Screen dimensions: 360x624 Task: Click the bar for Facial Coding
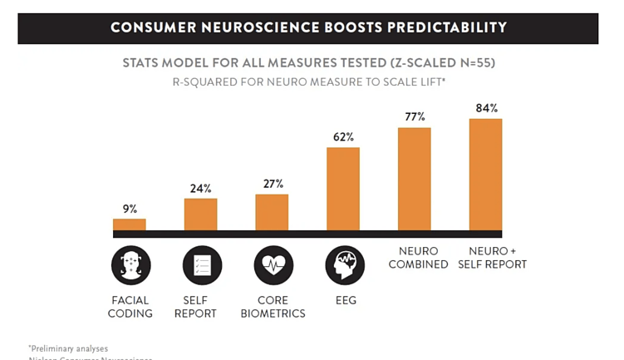tap(129, 224)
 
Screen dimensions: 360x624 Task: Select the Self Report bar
tap(200, 215)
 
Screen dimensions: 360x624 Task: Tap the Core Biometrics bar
tap(272, 212)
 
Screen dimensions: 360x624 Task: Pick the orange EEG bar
tap(343, 189)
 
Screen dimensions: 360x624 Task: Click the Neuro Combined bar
tap(414, 179)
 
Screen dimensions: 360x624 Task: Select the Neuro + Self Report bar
tap(485, 175)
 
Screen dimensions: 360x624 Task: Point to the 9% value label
tap(129, 209)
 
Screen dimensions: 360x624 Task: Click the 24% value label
tap(200, 188)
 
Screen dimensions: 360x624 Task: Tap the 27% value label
tap(272, 184)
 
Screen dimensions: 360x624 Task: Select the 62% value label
tap(343, 136)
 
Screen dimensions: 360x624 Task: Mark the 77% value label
tap(414, 116)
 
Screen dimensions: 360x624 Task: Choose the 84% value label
tap(485, 108)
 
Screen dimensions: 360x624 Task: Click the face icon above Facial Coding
tap(130, 266)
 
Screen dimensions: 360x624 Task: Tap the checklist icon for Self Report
tap(200, 266)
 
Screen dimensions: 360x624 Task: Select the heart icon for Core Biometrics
tap(272, 266)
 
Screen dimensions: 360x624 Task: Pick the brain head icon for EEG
tap(343, 266)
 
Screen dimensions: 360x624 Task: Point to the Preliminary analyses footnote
tap(68, 348)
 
